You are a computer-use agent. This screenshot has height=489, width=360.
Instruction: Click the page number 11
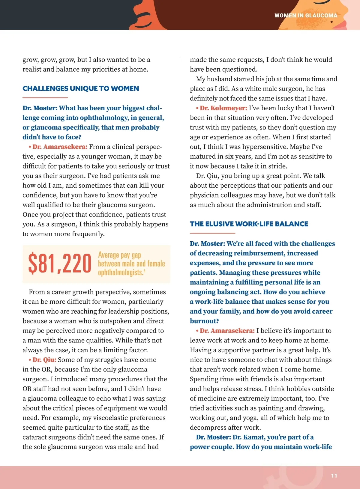(x=334, y=476)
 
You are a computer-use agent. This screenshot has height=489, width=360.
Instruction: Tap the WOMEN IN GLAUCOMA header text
(x=306, y=15)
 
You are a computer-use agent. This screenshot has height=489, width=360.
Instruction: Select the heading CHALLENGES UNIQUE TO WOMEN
(x=81, y=88)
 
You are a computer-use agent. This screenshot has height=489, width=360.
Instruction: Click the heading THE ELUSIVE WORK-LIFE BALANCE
(x=249, y=224)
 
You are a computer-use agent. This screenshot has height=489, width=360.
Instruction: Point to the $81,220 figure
(x=59, y=264)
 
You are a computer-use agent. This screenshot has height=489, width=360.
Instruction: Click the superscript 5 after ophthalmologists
(x=144, y=271)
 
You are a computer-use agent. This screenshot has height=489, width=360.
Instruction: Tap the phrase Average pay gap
(x=119, y=255)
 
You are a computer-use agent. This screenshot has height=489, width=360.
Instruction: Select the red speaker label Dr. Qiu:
(x=44, y=360)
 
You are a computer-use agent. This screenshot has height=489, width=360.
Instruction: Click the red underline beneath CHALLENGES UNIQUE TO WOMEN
(x=45, y=98)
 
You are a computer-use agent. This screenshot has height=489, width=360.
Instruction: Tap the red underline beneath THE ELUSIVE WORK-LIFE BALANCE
(x=212, y=233)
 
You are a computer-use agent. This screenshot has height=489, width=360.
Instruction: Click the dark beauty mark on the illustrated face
(x=331, y=22)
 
